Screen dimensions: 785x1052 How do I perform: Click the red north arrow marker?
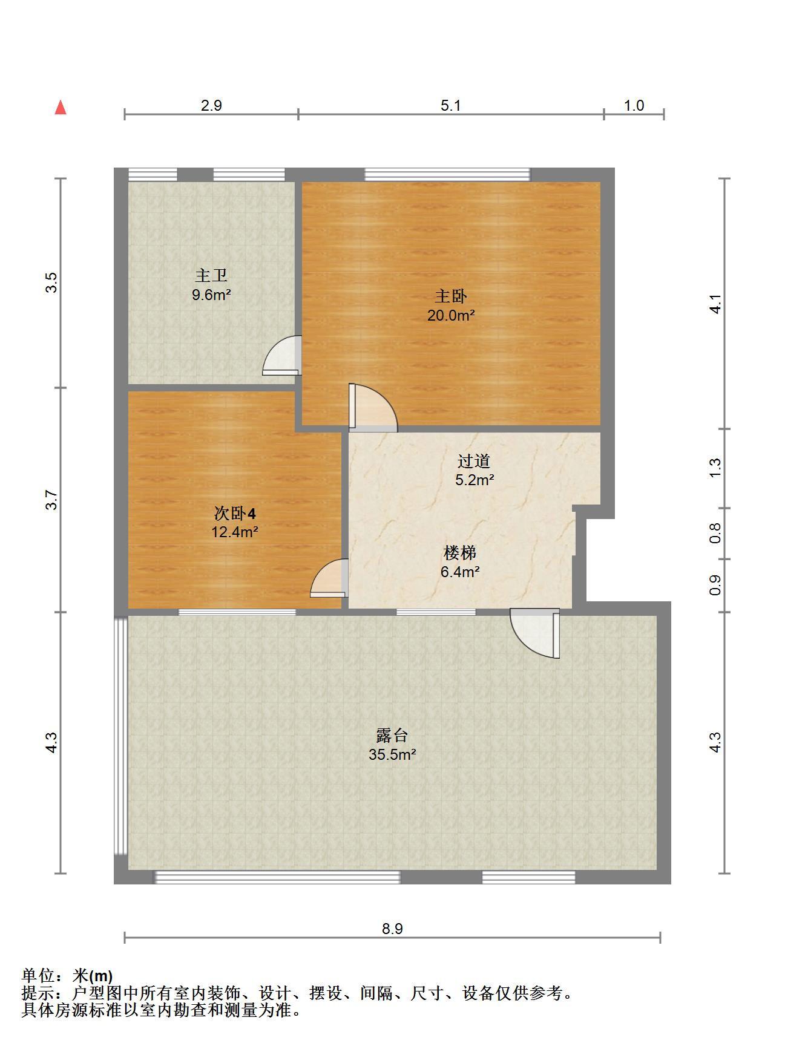tap(61, 108)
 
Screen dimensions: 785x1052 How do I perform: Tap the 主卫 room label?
tap(211, 276)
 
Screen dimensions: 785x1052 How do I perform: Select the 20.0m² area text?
tap(451, 315)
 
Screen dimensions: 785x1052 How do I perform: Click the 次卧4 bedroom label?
tap(235, 514)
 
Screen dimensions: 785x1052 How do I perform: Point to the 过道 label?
tap(474, 461)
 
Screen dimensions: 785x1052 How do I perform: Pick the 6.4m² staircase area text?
tap(460, 571)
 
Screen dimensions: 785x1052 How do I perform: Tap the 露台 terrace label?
tap(392, 735)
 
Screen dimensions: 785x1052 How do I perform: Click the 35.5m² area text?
tap(392, 754)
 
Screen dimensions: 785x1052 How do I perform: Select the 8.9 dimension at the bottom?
tap(392, 928)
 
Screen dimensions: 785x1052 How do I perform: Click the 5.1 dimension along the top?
tap(451, 105)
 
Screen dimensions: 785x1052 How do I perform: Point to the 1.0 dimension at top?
tap(634, 105)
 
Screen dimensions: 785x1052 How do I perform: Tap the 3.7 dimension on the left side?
tap(52, 500)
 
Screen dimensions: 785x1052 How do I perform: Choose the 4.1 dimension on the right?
tap(715, 304)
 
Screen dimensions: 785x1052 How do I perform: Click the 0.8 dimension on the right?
tap(715, 533)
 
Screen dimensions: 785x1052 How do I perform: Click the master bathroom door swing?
tap(282, 356)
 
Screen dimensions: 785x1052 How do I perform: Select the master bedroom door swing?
tap(373, 407)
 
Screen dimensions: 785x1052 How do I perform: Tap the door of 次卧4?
tap(329, 578)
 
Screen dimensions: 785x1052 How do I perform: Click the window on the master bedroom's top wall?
tap(447, 174)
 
